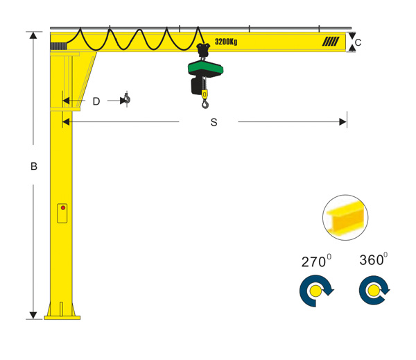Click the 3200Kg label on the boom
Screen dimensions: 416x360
click(226, 42)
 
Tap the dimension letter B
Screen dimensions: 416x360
click(34, 166)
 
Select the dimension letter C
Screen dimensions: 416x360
click(358, 42)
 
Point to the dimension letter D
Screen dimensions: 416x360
click(96, 101)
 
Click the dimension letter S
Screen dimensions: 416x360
click(214, 122)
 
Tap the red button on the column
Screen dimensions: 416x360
click(63, 207)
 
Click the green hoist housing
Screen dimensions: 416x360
click(205, 69)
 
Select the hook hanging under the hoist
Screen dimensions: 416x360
click(205, 103)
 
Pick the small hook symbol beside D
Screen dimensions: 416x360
click(127, 98)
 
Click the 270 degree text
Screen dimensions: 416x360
click(316, 261)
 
